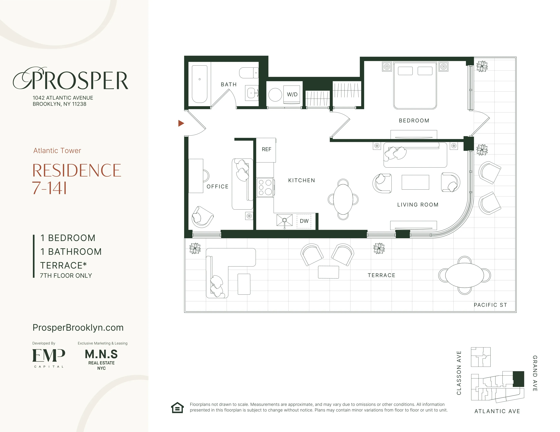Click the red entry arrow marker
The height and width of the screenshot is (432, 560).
(x=181, y=123)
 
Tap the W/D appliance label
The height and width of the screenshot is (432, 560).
(x=292, y=94)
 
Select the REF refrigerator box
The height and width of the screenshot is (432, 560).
(x=266, y=150)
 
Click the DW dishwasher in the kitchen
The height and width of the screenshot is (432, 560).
(x=304, y=221)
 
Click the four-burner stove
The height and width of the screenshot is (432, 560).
(x=265, y=187)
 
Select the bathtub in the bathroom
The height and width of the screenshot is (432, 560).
(x=199, y=84)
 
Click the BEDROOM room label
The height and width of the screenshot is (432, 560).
(x=414, y=121)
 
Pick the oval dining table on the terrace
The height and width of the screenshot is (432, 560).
(x=464, y=275)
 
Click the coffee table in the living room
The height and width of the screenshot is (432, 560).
(x=415, y=182)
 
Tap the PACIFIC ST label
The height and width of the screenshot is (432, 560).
(x=490, y=305)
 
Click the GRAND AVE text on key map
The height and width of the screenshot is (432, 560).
(x=535, y=373)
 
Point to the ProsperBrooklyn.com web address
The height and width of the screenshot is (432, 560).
(x=78, y=328)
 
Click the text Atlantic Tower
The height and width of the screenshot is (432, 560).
(x=57, y=150)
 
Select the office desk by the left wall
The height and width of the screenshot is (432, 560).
(x=196, y=176)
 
